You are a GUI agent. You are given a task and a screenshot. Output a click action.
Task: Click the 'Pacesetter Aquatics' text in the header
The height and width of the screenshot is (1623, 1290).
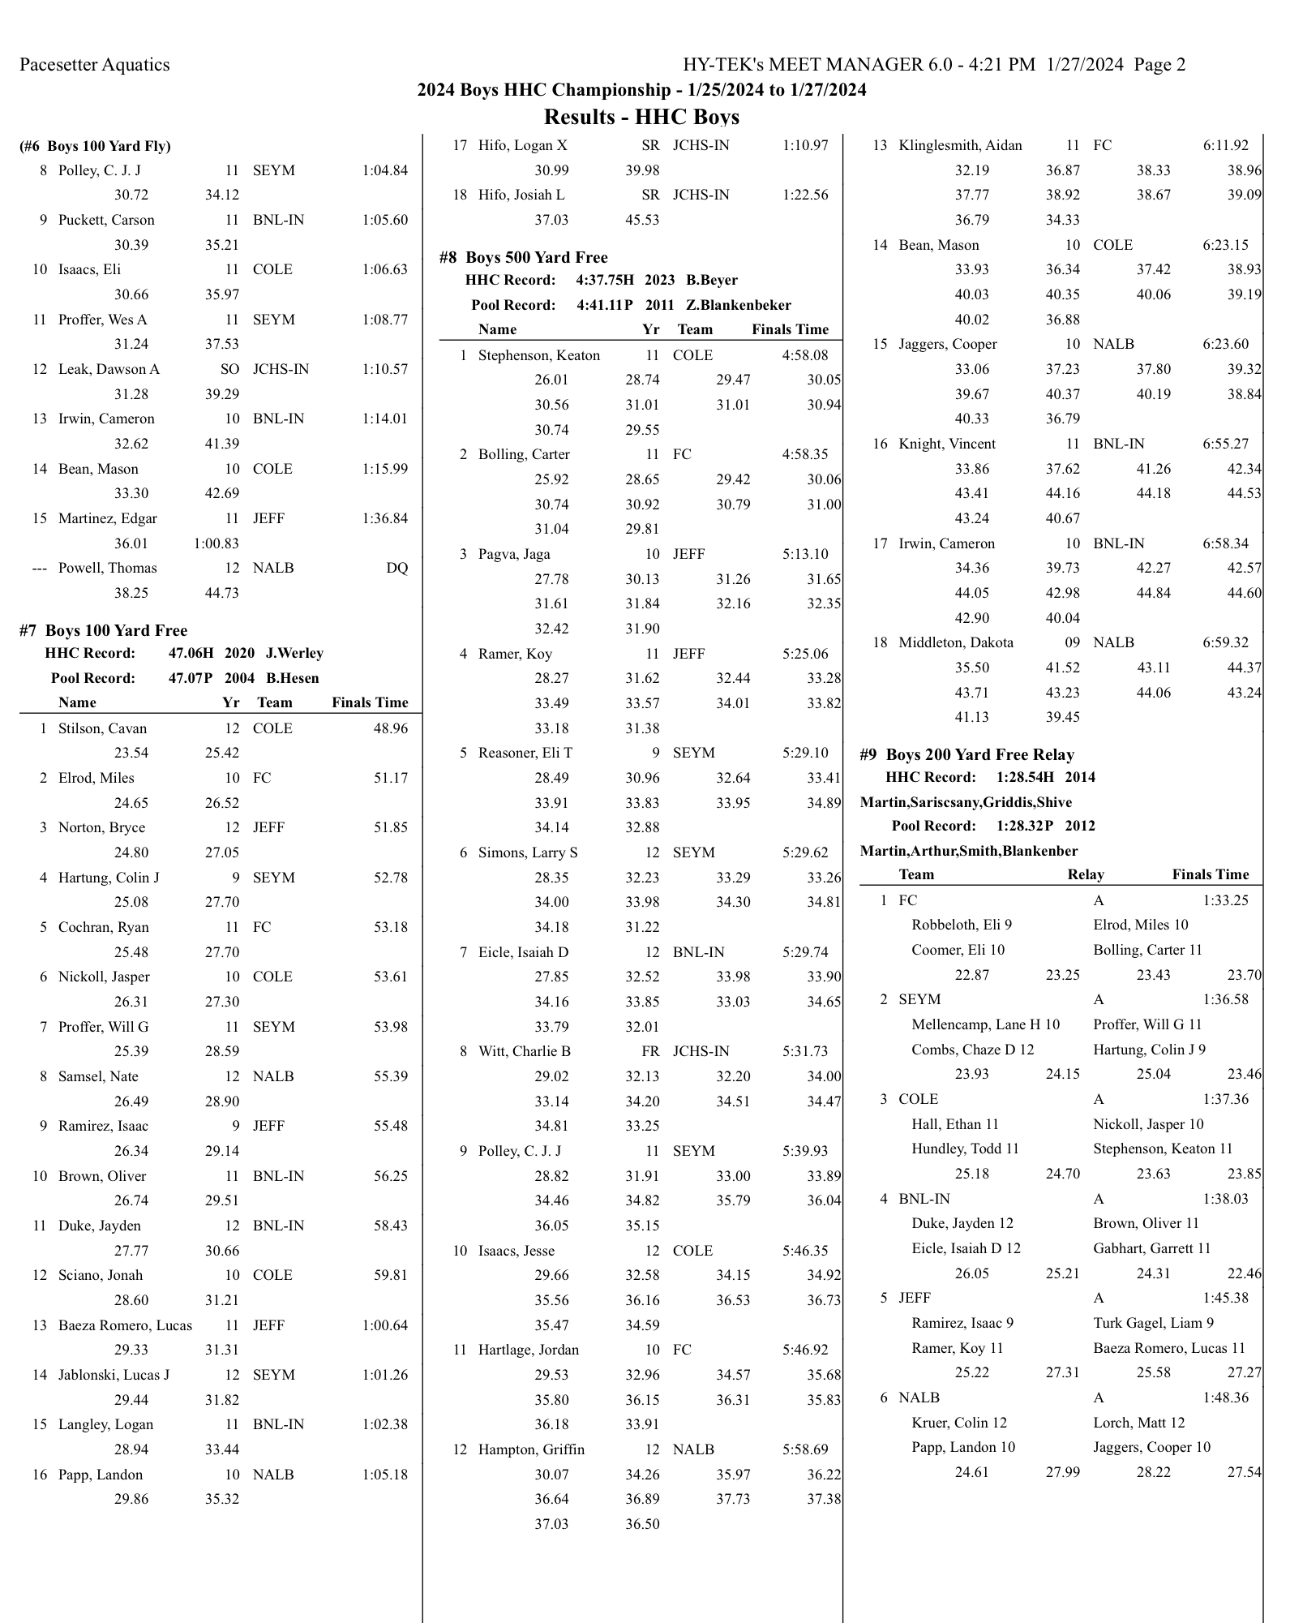pos(95,65)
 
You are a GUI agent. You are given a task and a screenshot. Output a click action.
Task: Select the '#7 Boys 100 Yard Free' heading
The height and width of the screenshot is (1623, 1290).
pos(104,630)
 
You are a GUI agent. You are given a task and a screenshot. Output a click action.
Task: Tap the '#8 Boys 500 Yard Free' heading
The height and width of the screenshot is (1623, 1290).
pos(524,257)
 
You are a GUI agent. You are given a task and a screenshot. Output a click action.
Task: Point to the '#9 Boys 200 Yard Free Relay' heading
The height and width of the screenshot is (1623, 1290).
pos(966,754)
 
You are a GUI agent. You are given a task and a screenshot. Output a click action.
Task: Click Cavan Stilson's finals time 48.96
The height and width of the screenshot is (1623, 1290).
pos(390,728)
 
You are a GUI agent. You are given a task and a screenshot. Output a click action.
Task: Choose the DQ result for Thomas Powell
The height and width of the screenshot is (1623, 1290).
pos(396,568)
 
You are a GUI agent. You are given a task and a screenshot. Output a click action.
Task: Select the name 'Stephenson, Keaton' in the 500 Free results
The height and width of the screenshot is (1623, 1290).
pos(539,355)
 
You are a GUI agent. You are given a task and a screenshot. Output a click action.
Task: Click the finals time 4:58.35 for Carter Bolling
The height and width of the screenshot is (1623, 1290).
pos(805,454)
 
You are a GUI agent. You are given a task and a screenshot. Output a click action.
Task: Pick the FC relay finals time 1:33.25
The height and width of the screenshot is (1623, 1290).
pos(1225,900)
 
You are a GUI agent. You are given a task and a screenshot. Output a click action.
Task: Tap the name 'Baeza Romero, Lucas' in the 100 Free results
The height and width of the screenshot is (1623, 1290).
pos(125,1325)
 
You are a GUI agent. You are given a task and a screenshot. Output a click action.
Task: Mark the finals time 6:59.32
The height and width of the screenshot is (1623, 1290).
pos(1225,642)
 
